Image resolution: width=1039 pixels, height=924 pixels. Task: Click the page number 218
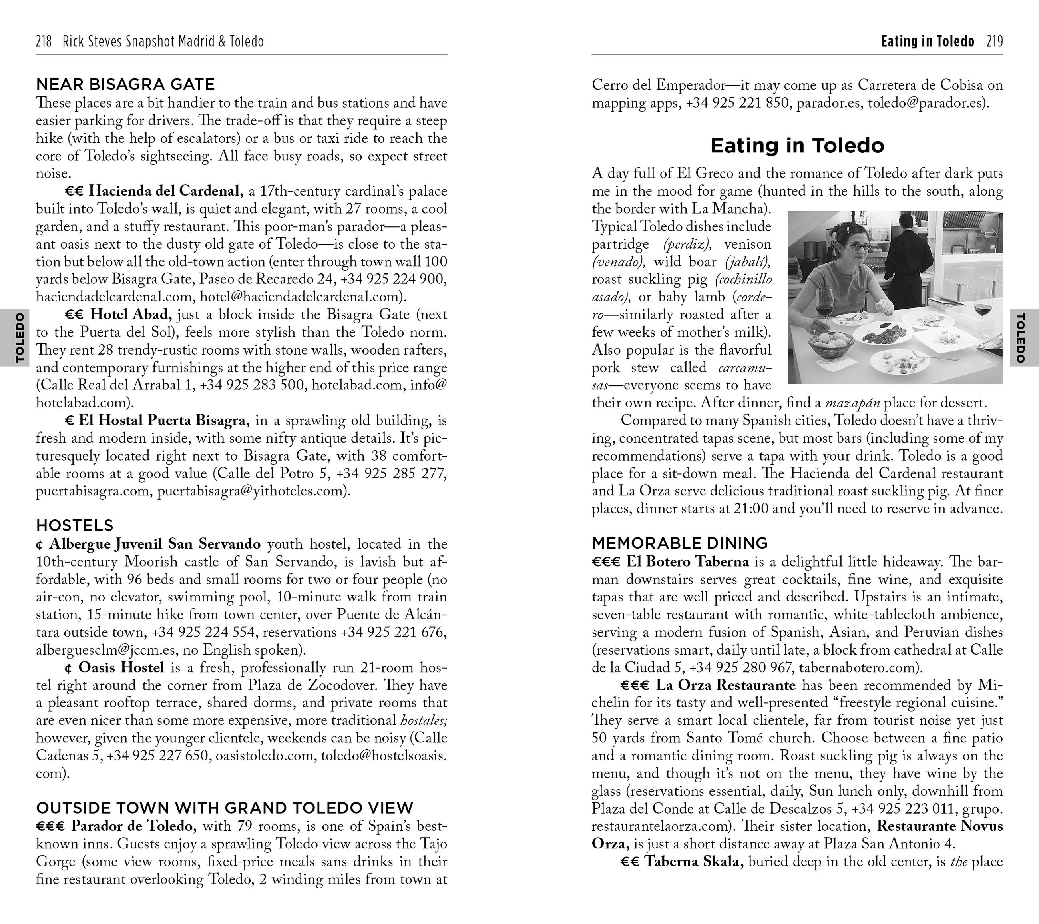click(x=44, y=41)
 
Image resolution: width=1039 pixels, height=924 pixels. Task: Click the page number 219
click(x=995, y=41)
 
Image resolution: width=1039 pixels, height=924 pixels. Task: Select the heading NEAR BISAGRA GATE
click(x=125, y=84)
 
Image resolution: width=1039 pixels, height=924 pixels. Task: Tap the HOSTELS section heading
click(x=75, y=525)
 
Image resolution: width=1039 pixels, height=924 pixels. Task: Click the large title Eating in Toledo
click(x=797, y=146)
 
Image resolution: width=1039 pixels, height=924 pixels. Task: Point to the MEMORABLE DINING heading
click(x=680, y=543)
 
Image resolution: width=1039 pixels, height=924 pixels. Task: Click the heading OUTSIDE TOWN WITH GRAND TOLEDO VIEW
click(x=225, y=808)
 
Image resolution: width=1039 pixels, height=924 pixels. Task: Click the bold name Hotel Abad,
click(x=131, y=315)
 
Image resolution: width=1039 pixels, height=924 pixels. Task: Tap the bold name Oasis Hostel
click(x=121, y=667)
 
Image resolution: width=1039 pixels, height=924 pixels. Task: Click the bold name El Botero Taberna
click(x=688, y=561)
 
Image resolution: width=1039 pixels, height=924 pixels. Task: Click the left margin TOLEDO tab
click(x=19, y=338)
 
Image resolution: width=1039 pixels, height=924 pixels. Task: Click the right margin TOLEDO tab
click(x=1020, y=338)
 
